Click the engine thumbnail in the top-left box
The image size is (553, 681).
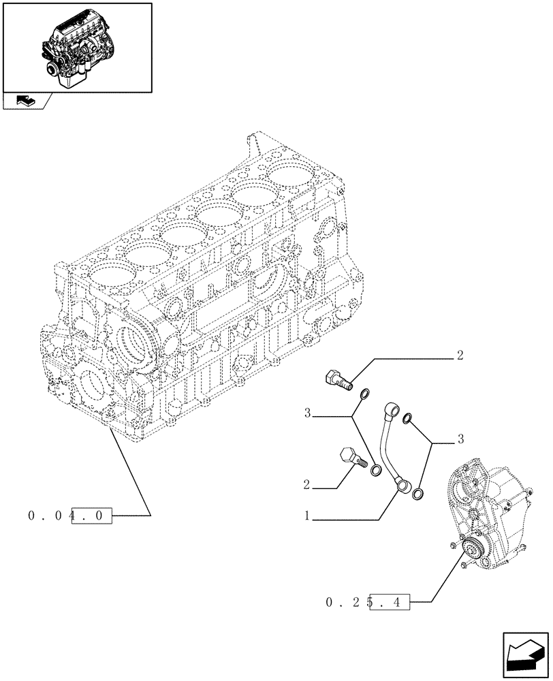pyautogui.click(x=76, y=46)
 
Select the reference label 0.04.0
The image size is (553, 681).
pyautogui.click(x=69, y=516)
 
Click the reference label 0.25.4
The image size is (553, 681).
pyautogui.click(x=367, y=602)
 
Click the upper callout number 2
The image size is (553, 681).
pyautogui.click(x=460, y=355)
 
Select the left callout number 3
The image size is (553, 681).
pyautogui.click(x=308, y=413)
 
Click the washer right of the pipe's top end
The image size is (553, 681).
pyautogui.click(x=408, y=417)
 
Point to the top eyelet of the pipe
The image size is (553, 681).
pyautogui.click(x=390, y=410)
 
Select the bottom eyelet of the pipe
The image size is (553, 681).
pyautogui.click(x=404, y=486)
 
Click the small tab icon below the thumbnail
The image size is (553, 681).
pyautogui.click(x=26, y=101)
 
